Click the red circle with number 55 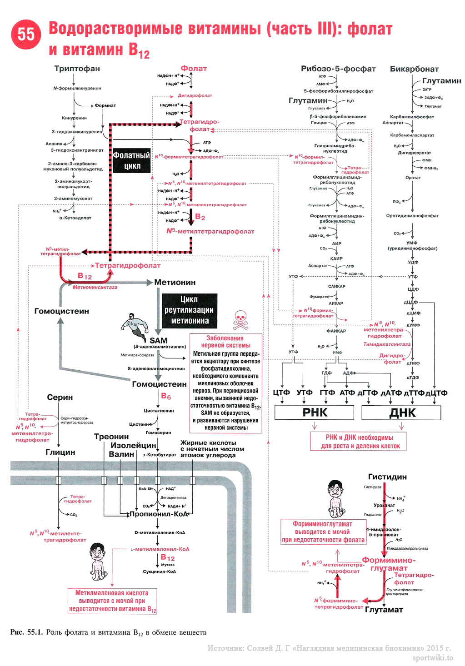point(26,35)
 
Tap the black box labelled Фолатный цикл point(132,160)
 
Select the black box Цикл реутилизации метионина point(190,310)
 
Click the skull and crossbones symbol point(240,320)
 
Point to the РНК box point(315,413)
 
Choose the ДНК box point(402,413)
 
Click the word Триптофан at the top point(77,69)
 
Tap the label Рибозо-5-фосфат point(338,69)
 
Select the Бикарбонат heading point(414,69)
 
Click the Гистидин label point(387,477)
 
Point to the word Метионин point(175,282)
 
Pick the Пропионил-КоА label point(159,514)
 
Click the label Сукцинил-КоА point(159,572)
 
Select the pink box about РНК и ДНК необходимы point(358,441)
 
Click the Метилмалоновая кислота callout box point(112,601)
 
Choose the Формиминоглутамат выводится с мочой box point(323,532)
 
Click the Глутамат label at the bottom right point(384,610)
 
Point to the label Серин point(60,397)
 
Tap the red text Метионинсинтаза point(95,287)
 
